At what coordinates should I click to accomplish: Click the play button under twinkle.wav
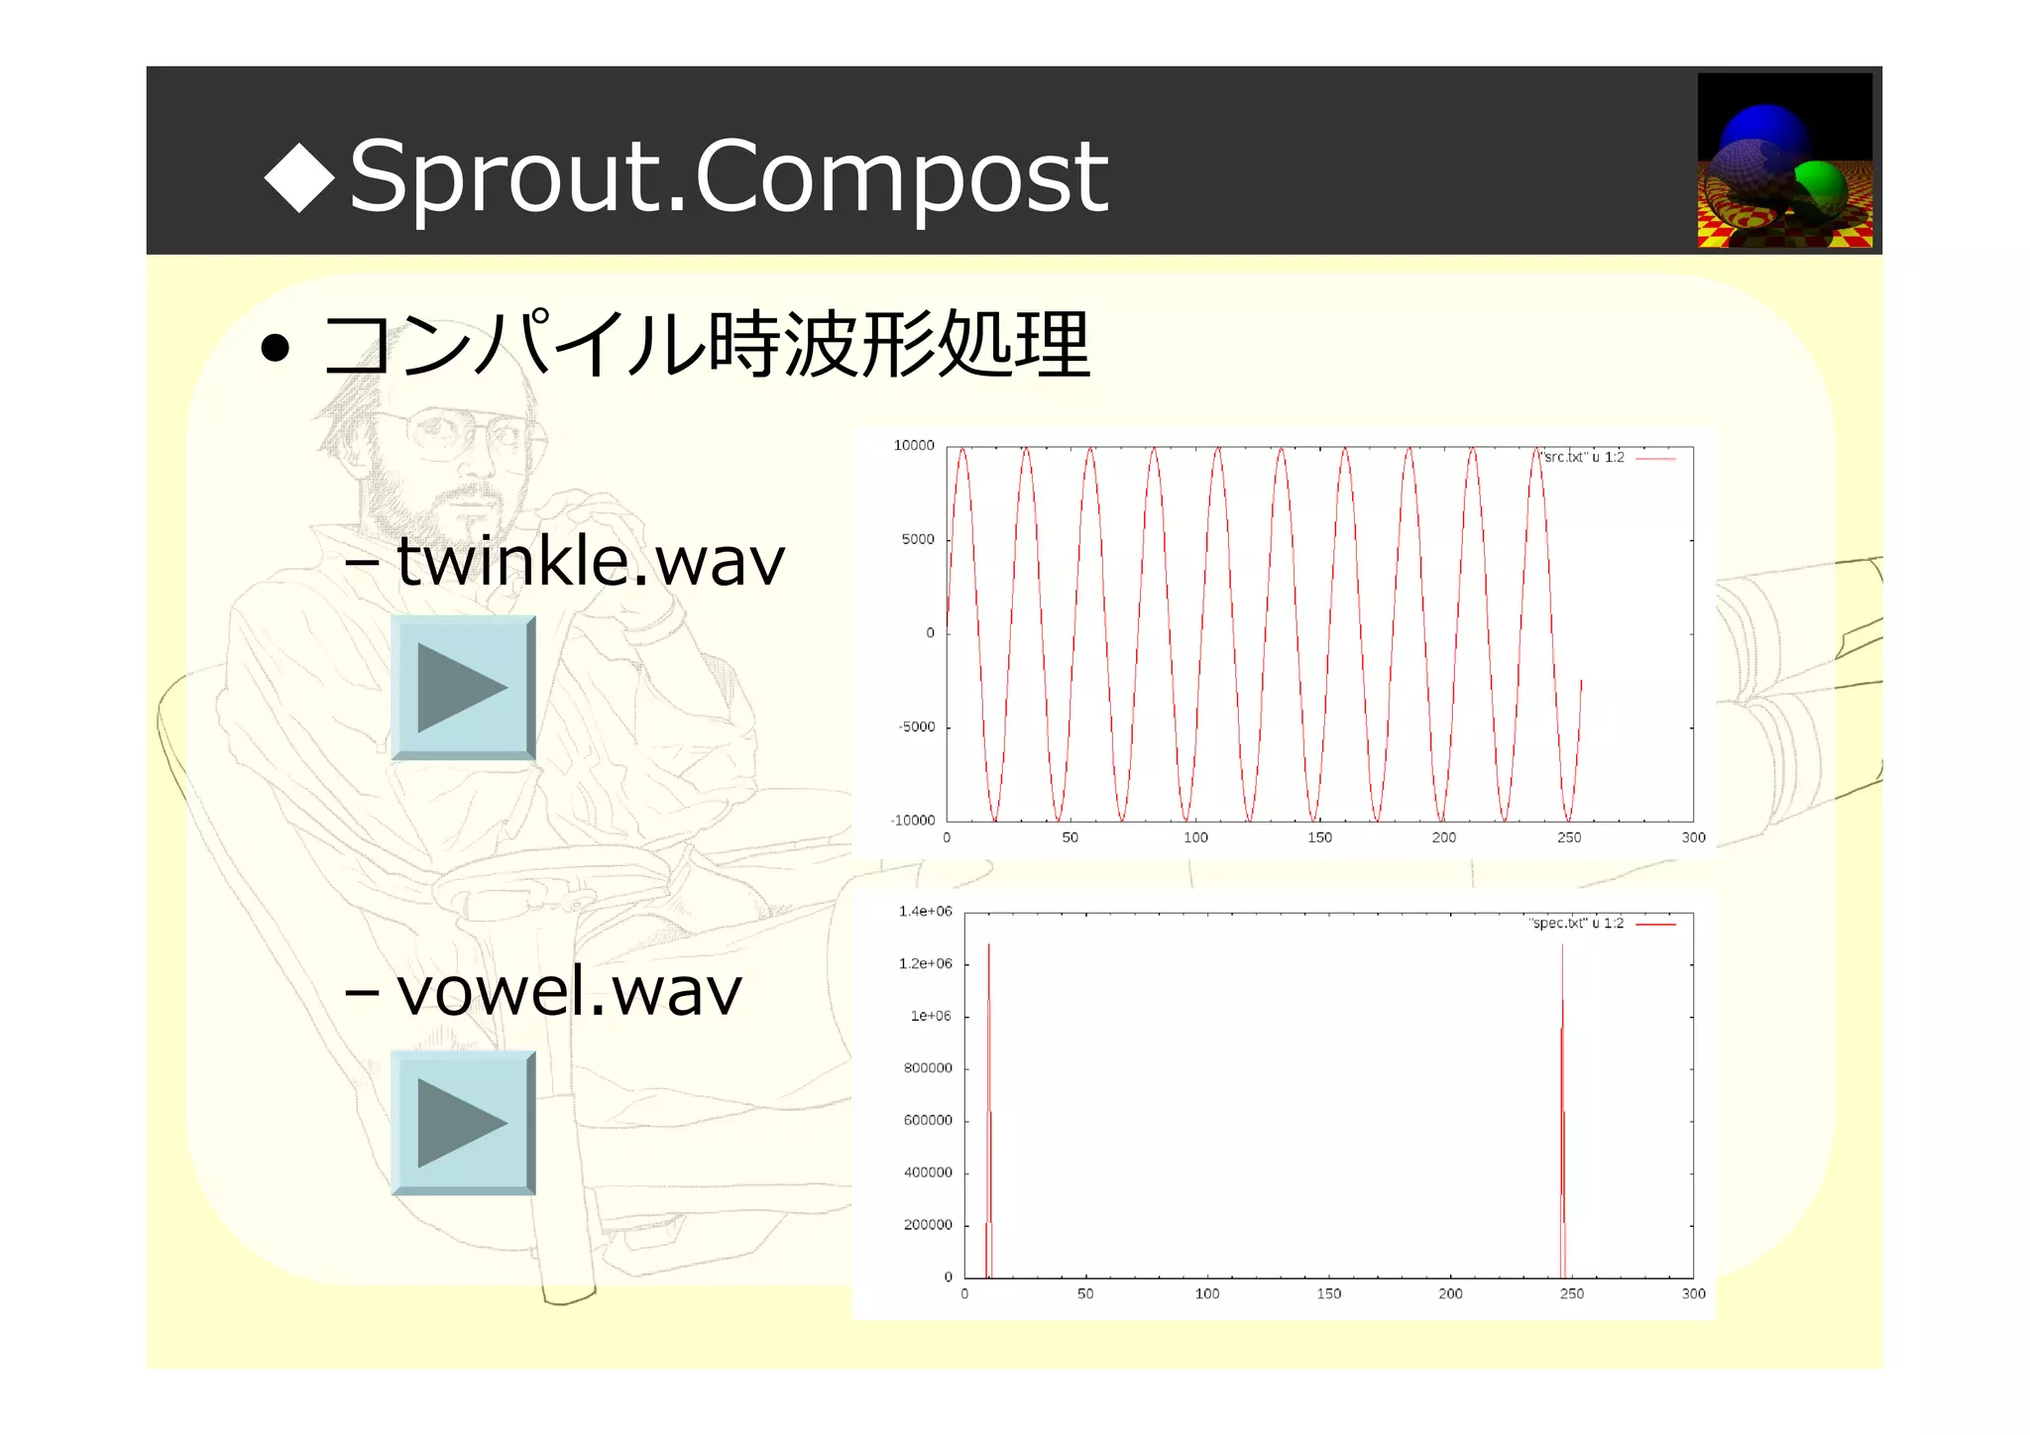click(463, 688)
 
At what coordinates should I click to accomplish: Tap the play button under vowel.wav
click(463, 1123)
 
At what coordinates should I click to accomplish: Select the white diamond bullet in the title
click(299, 176)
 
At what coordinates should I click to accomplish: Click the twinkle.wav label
click(590, 561)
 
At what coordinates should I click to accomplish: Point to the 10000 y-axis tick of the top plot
click(914, 446)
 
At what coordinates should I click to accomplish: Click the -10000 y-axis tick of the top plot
click(913, 821)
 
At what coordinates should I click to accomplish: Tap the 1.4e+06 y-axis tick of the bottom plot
click(925, 912)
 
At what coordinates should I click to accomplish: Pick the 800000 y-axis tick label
click(928, 1068)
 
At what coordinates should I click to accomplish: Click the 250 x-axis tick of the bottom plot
click(1571, 1294)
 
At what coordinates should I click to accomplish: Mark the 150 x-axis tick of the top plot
click(1319, 838)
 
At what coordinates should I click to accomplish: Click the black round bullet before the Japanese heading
click(275, 348)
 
